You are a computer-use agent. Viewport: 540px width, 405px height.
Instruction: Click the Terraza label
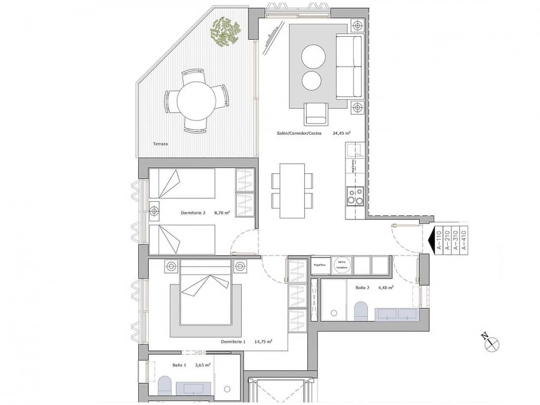coord(160,144)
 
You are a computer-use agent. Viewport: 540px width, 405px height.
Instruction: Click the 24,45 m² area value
coord(342,133)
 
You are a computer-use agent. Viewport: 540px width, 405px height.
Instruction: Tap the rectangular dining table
coord(292,191)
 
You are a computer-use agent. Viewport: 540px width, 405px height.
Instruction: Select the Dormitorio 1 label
coord(233,342)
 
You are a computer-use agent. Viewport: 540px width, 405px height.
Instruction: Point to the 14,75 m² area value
coord(263,342)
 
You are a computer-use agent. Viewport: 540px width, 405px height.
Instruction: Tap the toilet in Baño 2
coord(361,310)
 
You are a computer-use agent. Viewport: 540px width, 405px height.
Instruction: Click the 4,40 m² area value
coord(386,288)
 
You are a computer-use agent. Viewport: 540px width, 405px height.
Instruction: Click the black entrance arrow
coord(431,240)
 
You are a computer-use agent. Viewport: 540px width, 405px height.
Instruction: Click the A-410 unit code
coord(464,240)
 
